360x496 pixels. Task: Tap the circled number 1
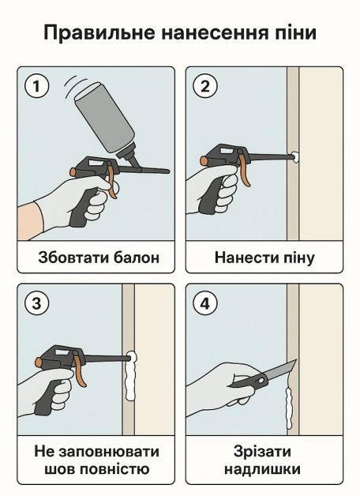pos(36,86)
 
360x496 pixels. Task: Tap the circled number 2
pos(205,86)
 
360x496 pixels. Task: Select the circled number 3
pos(36,303)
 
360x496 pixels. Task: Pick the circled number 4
pos(205,303)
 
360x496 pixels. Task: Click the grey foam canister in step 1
pos(105,119)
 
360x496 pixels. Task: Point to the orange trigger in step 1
pos(111,179)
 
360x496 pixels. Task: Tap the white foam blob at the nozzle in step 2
pos(295,157)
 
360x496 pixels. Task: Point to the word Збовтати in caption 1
pos(72,257)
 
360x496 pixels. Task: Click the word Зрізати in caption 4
pos(262,452)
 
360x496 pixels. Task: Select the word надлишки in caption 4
pos(262,469)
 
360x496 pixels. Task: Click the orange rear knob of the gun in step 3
pos(39,362)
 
